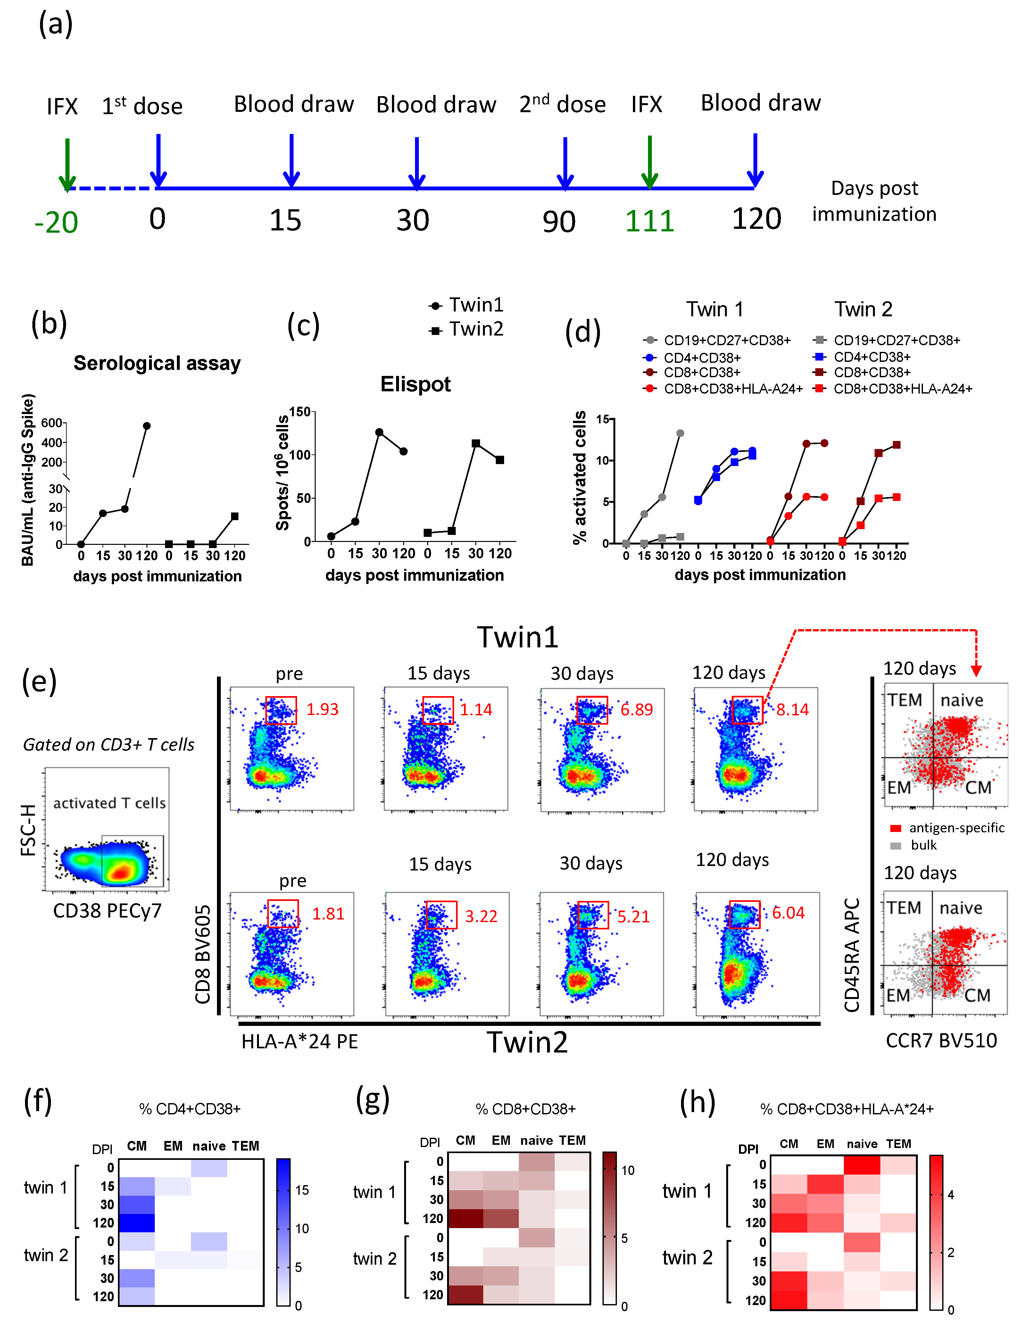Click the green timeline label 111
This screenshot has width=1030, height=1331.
(x=650, y=220)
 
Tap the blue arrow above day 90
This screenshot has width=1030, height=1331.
(x=565, y=162)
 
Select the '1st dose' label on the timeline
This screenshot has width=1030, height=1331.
(x=142, y=106)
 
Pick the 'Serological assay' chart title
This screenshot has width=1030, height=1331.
(x=157, y=363)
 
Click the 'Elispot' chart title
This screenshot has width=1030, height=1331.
(x=416, y=384)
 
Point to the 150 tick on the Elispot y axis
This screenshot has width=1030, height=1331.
(x=300, y=412)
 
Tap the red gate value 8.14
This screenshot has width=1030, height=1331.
(x=792, y=709)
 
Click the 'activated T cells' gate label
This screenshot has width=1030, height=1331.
(x=109, y=803)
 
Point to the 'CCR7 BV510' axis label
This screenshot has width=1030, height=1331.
(x=941, y=1040)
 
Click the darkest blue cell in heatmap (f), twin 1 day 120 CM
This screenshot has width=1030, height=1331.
(x=137, y=1223)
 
